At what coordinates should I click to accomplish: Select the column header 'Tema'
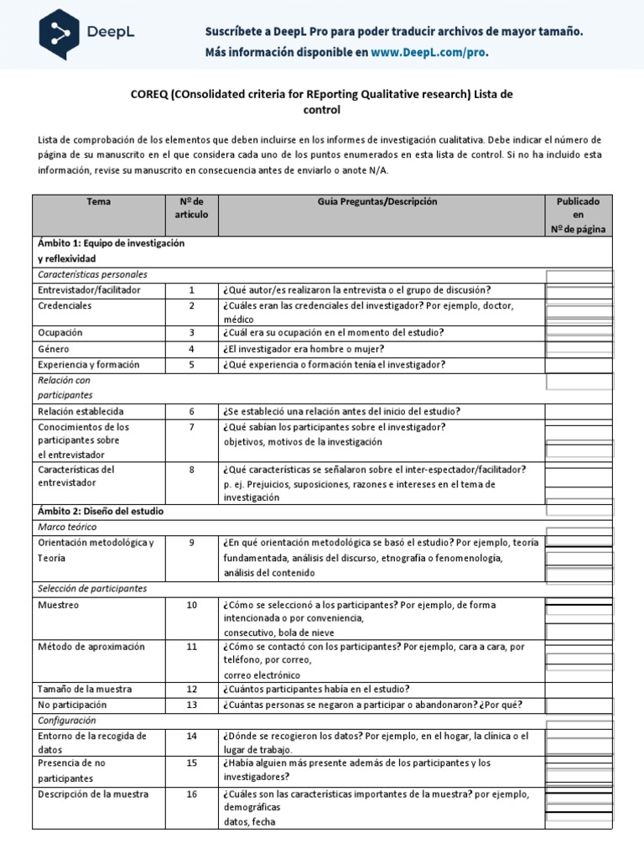coord(98,202)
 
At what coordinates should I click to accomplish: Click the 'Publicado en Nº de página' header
coord(578,216)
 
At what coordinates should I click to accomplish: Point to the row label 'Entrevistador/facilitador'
coord(89,290)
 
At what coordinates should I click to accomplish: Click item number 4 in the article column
coord(191,349)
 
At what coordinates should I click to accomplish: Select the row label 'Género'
coord(54,349)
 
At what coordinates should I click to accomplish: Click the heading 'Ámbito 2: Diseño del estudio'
coord(101,511)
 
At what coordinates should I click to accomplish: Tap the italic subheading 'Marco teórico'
coord(67,527)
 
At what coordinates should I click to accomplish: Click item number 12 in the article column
coord(191,690)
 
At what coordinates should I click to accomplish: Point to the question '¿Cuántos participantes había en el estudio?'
coord(327,690)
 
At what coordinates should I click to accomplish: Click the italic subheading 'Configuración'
coord(67,721)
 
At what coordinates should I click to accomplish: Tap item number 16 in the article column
coord(191,794)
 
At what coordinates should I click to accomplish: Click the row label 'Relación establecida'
coord(80,412)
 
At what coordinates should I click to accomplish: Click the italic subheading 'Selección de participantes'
coord(92,589)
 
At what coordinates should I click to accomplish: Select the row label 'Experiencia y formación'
coord(88,365)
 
